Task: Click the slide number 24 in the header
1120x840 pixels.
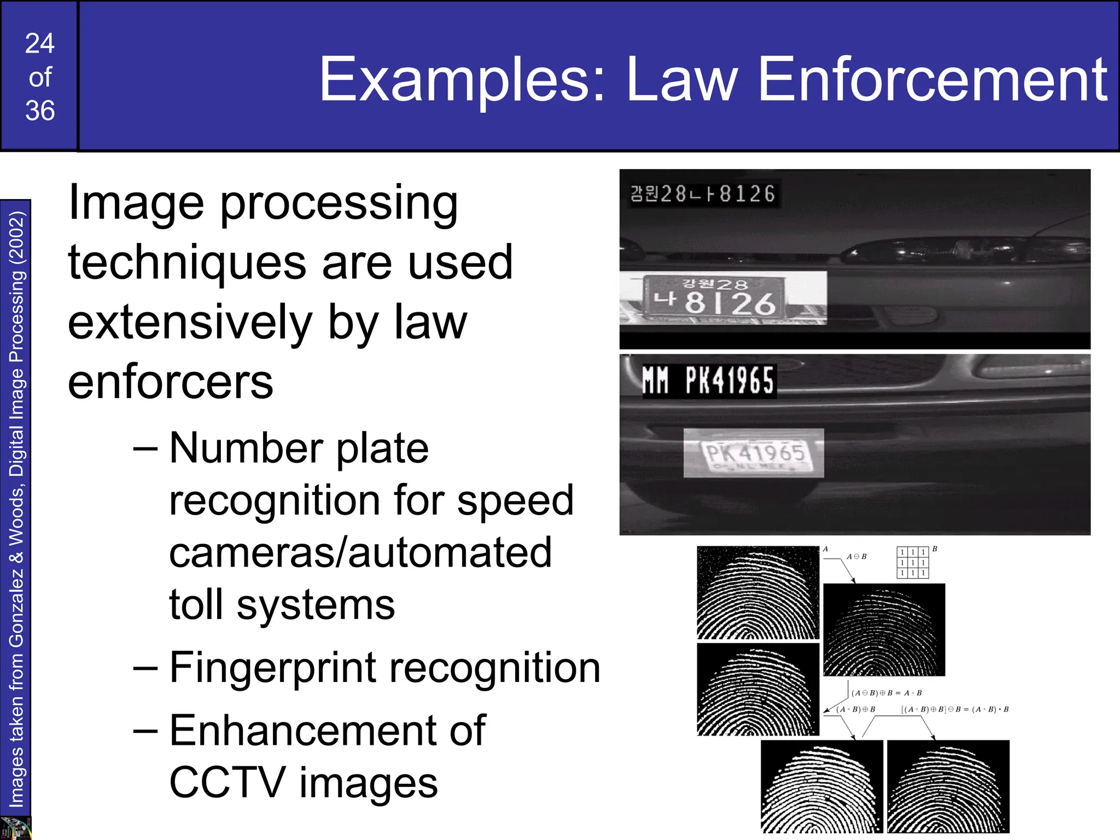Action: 40,44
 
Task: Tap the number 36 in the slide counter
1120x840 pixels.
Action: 40,111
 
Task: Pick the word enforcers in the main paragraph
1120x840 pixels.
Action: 170,382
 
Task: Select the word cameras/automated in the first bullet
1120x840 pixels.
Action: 360,553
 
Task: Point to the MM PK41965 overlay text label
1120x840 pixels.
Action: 708,381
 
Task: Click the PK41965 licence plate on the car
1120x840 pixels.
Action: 754,453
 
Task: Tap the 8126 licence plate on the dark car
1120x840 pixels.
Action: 714,297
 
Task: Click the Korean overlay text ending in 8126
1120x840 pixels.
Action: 703,194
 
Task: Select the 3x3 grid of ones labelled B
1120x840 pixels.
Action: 913,562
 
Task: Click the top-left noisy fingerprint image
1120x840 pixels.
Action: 757,592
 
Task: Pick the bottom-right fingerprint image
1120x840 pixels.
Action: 948,786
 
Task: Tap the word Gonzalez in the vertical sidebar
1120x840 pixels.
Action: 16,607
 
